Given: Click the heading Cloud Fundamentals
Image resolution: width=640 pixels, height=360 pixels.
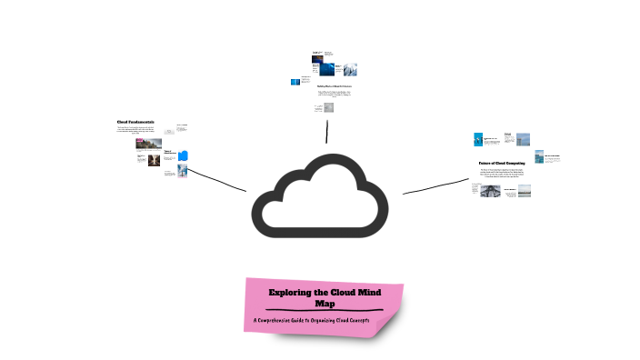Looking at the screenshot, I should pos(135,122).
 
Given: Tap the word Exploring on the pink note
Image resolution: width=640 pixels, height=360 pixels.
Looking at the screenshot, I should pos(292,292).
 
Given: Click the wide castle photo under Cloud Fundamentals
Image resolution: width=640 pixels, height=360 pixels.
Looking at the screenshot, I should pos(147,143).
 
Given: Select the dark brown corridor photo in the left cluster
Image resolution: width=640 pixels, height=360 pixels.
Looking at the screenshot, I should pos(151,160).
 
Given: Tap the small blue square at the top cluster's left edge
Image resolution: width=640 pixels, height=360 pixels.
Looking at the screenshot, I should pos(295,82).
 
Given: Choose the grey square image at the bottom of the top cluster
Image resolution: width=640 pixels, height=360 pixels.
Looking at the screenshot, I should pos(327,107).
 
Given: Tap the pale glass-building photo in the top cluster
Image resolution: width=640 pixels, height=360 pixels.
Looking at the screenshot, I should pos(349,69).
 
